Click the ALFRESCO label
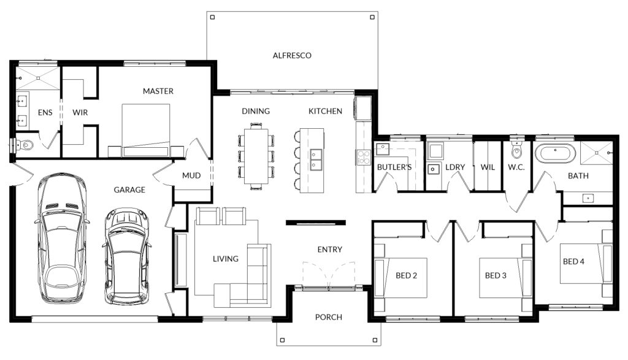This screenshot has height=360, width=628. click(292, 55)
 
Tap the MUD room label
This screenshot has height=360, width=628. click(191, 175)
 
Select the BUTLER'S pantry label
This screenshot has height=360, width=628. click(394, 167)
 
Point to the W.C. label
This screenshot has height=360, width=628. click(516, 167)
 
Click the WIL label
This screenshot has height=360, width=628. click(488, 167)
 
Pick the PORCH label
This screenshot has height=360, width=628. click(329, 317)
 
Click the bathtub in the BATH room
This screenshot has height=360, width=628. click(556, 153)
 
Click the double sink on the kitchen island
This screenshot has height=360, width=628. click(316, 160)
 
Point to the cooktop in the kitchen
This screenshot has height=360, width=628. click(364, 157)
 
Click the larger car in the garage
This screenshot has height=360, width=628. click(62, 239)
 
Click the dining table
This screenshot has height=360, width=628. click(256, 156)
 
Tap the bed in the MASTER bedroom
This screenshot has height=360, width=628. click(146, 131)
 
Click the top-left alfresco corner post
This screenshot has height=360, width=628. click(213, 17)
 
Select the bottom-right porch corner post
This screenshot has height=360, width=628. click(375, 340)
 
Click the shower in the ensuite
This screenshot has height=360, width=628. click(39, 79)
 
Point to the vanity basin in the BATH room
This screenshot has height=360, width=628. click(588, 198)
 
